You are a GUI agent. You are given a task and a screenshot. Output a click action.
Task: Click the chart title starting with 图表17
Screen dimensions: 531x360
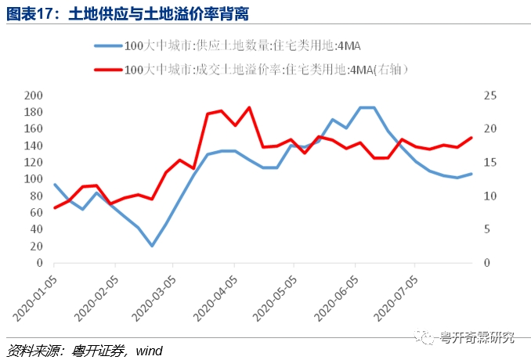pos(128,14)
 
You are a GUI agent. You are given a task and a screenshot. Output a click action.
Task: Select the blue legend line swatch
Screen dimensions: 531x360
pos(108,45)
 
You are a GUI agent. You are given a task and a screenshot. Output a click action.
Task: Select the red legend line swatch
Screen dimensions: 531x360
pos(108,70)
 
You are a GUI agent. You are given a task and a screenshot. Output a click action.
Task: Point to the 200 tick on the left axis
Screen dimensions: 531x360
pos(33,95)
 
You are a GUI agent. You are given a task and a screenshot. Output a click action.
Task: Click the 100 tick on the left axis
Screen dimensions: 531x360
pos(33,178)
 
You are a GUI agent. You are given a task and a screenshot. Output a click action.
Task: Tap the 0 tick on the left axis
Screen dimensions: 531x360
pos(40,262)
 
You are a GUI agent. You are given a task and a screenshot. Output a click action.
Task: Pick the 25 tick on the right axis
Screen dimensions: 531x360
pos(490,95)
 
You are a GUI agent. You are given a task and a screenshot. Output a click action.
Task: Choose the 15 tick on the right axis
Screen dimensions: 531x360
pos(490,163)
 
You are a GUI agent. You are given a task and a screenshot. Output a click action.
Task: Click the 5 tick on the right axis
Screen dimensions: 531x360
pos(487,229)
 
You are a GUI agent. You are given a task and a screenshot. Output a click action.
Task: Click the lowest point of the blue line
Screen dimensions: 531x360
pos(152,246)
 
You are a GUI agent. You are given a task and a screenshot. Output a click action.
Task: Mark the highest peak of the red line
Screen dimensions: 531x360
pos(249,107)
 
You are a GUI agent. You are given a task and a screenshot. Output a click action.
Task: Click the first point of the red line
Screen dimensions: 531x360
pos(55,207)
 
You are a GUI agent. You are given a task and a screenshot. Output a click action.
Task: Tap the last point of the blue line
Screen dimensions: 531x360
pos(471,174)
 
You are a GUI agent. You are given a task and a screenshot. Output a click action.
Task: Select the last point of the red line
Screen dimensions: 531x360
pos(471,138)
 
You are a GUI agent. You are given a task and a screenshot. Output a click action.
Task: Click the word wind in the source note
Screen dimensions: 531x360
pos(149,351)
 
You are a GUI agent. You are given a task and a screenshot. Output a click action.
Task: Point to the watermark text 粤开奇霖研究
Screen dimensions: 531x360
pos(476,337)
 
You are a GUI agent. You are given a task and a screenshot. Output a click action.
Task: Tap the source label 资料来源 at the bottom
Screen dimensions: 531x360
pos(31,351)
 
